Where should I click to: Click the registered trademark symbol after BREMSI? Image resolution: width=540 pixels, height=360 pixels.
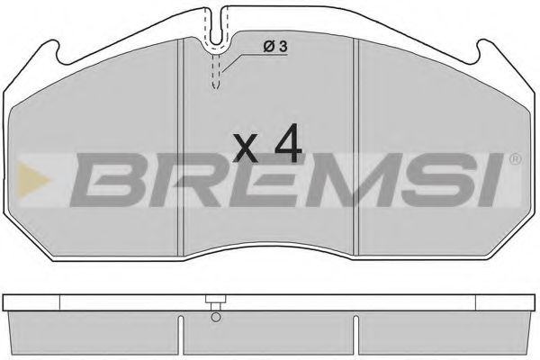[514, 160]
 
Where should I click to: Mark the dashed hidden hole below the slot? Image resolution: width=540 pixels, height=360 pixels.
[217, 72]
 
